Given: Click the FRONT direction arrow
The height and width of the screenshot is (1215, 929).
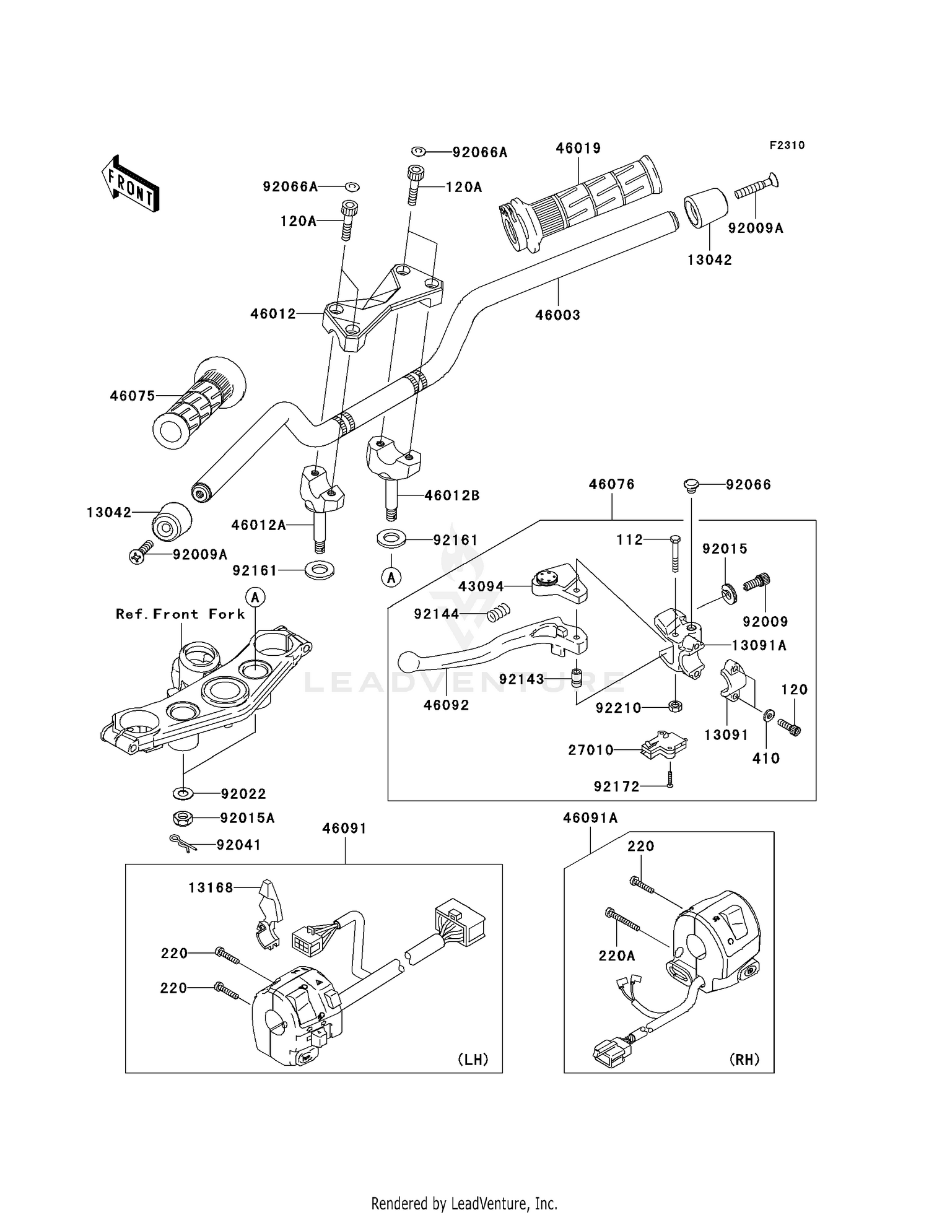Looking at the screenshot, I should (130, 184).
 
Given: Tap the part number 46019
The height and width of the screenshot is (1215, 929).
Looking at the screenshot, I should (578, 149).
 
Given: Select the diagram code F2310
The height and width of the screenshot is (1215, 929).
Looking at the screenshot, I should (787, 146).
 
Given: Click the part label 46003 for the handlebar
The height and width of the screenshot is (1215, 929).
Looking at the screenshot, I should (557, 315).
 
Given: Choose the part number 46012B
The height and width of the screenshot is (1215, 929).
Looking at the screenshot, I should (452, 495).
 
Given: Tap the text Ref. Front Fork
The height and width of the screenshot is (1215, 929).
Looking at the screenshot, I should (180, 614).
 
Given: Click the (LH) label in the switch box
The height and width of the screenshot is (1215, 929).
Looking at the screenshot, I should (473, 1060).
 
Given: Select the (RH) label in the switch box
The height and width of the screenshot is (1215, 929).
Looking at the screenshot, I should (744, 1060).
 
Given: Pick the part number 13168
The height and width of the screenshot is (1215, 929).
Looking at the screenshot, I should (211, 888).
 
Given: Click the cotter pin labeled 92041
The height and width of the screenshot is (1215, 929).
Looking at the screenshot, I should (183, 843).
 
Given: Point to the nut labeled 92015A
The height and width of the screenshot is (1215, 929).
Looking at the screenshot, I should (182, 818).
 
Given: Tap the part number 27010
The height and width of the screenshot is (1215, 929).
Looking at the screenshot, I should (591, 751).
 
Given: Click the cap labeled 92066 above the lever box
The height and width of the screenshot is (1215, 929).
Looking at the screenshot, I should (691, 484).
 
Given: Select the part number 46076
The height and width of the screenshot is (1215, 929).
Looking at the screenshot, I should (611, 484).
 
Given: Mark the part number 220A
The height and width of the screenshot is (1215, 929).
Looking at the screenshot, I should (616, 956).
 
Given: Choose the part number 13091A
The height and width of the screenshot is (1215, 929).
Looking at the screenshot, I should (759, 645).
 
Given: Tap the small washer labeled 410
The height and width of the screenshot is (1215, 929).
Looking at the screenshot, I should (768, 716).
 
